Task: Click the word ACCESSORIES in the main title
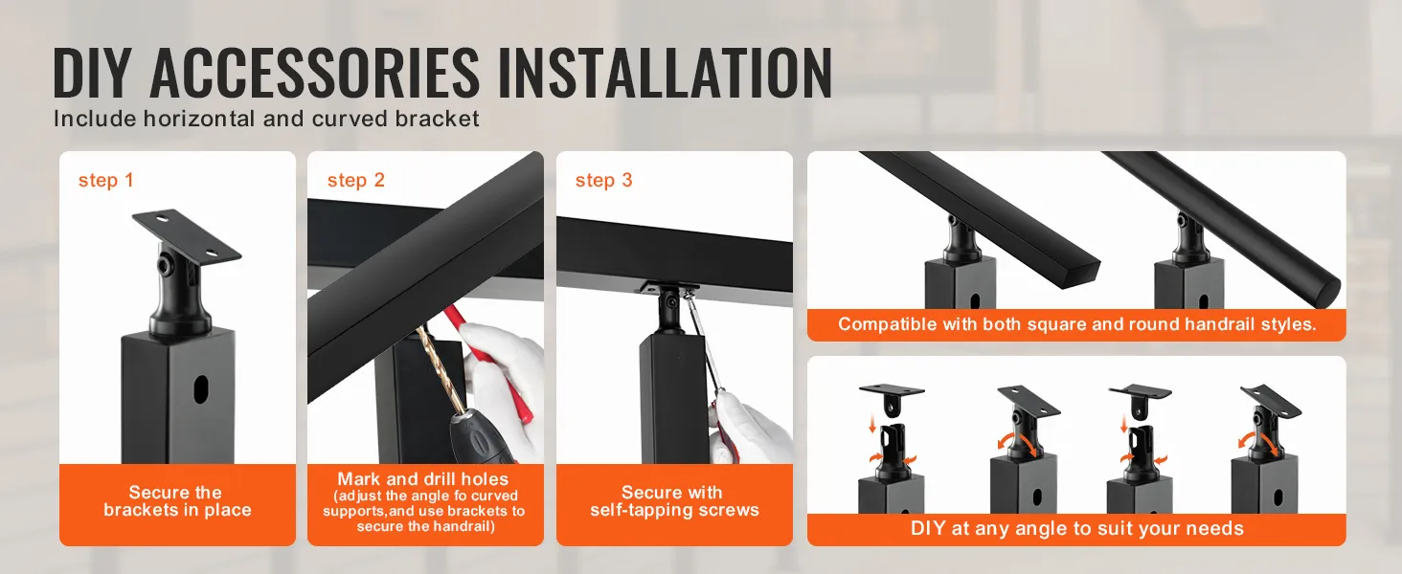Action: coord(314,73)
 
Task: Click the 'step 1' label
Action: coord(105,181)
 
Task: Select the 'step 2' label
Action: coord(355,181)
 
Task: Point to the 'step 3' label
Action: coord(604,181)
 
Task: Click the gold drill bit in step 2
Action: coord(438,370)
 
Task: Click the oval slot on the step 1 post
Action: coord(201,388)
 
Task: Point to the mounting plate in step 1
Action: coord(186,238)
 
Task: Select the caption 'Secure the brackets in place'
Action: coord(177,501)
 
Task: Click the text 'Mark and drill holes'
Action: coord(423,479)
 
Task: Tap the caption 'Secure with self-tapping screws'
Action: coord(674,501)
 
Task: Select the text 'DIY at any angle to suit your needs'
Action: coord(1076,528)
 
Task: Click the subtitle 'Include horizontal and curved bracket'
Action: coord(266,119)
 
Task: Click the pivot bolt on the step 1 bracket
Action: coord(168,266)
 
